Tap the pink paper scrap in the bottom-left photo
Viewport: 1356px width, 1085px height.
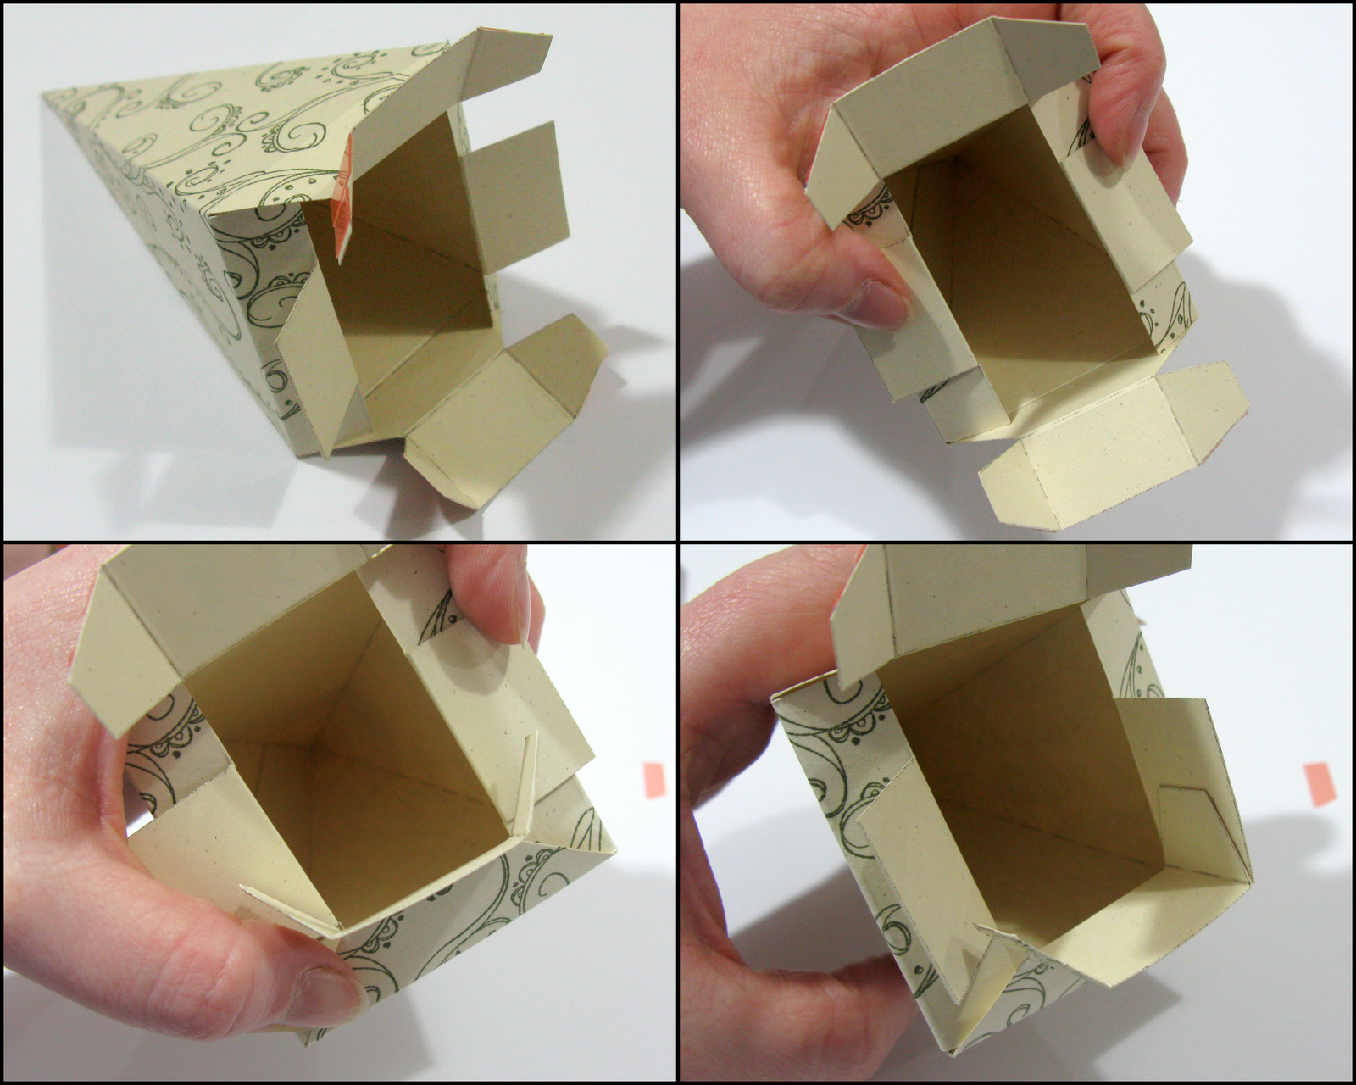654,780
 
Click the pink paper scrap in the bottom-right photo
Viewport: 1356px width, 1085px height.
1320,784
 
